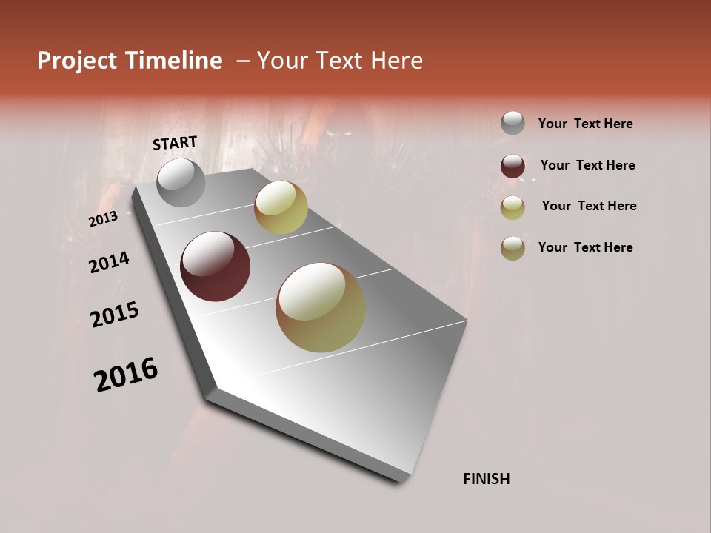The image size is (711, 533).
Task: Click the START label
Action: [x=175, y=143]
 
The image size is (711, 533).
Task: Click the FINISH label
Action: [x=486, y=479]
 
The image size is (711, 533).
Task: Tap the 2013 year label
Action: [x=103, y=220]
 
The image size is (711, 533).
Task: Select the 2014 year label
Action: [x=109, y=263]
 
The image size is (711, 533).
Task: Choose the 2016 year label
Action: [x=126, y=375]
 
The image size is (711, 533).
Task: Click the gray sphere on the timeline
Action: [x=181, y=183]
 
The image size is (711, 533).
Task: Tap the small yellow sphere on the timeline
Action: [x=281, y=208]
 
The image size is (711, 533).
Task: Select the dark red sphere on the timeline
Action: [x=215, y=266]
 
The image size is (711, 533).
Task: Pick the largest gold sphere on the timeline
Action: [x=321, y=307]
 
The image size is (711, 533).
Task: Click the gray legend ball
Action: [x=513, y=123]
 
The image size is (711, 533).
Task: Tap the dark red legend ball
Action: [x=513, y=166]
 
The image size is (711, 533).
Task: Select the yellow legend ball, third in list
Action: [x=513, y=207]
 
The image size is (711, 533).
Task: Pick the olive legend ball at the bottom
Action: [x=513, y=248]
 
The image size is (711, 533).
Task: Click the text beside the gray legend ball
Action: [x=585, y=124]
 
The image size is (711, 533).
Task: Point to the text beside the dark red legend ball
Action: [x=587, y=165]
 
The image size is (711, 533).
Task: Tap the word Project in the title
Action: [x=78, y=61]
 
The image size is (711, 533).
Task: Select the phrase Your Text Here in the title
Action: [x=340, y=61]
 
